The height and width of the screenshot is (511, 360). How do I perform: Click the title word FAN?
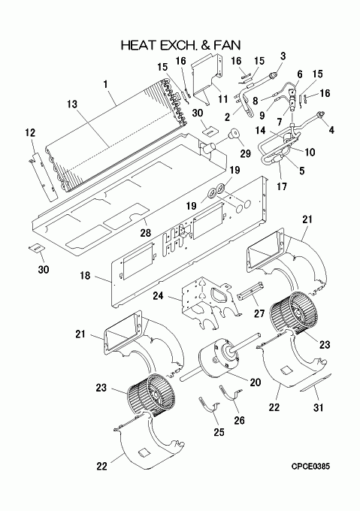[x=227, y=45]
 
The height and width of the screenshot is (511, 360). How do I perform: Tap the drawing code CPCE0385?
[x=310, y=467]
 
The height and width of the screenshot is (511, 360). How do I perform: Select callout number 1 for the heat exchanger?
[x=105, y=84]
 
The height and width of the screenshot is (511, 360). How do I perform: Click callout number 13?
[x=72, y=104]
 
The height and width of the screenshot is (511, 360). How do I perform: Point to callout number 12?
[x=30, y=133]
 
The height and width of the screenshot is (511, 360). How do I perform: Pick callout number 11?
[x=223, y=99]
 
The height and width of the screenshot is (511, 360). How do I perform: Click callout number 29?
[x=245, y=153]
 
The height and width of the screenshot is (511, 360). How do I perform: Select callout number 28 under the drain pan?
[x=146, y=233]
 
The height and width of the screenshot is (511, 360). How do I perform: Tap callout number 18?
[x=85, y=276]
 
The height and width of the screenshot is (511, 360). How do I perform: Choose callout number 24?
[x=159, y=295]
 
